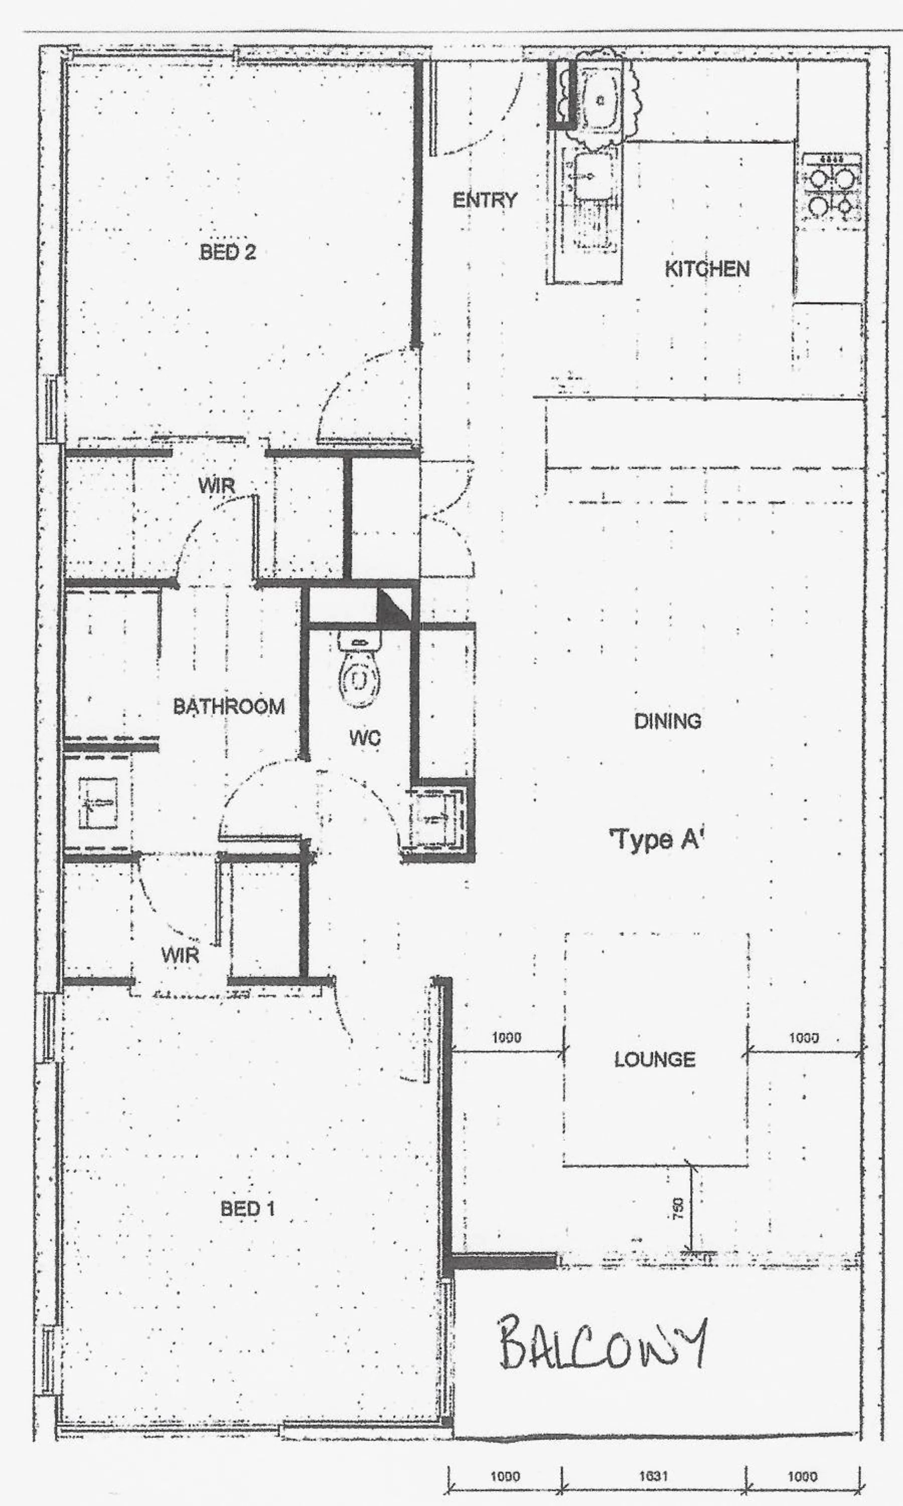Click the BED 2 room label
(228, 252)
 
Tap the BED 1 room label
(248, 1208)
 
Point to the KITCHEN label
(706, 269)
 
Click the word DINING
(668, 721)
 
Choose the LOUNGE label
(654, 1059)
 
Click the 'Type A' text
(656, 840)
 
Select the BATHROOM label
(229, 706)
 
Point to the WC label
(365, 738)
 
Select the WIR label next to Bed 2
(216, 486)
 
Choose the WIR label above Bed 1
(180, 954)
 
